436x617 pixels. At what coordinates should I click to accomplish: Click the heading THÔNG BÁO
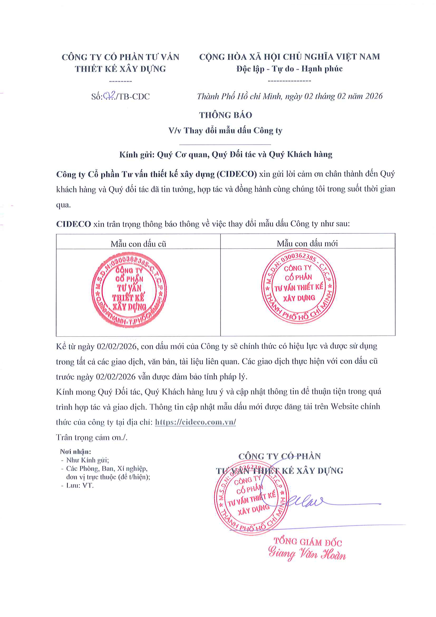click(226, 115)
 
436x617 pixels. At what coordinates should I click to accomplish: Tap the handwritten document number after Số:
click(109, 95)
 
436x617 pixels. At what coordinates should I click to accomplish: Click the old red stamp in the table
click(129, 290)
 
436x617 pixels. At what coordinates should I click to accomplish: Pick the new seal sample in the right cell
click(299, 286)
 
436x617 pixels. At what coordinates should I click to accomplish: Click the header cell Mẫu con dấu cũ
click(138, 244)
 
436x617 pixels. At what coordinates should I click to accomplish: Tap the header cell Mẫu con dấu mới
click(307, 243)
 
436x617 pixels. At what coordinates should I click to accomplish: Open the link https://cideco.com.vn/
click(195, 422)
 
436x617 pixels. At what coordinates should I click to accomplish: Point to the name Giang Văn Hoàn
click(307, 554)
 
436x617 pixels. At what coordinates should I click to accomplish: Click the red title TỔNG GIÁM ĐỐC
click(308, 542)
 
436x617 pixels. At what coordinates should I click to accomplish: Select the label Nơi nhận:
click(75, 451)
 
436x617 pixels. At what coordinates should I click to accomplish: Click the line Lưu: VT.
click(80, 485)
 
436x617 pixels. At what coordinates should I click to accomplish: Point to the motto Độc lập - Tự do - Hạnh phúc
click(289, 69)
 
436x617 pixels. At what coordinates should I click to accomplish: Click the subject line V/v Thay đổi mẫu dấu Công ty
click(225, 131)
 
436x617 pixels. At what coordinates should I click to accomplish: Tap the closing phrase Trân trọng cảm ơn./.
click(91, 437)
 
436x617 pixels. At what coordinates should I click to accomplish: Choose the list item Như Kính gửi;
click(87, 460)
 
